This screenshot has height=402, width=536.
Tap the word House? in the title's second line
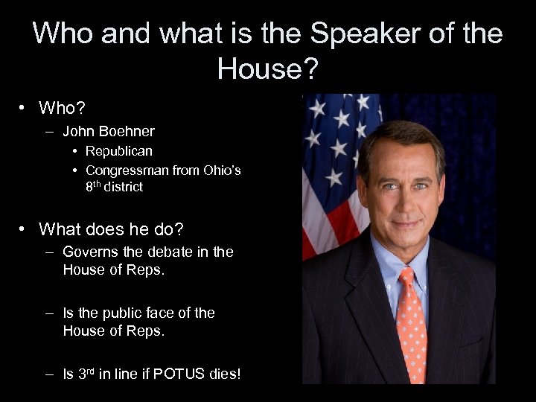coord(267,69)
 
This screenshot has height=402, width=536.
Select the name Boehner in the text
coord(129,132)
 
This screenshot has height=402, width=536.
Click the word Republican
coord(119,151)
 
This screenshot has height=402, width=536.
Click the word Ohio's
coord(223,170)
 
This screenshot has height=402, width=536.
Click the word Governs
coord(91,252)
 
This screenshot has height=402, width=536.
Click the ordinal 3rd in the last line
coord(87,374)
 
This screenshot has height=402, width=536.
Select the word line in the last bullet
coord(130,374)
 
